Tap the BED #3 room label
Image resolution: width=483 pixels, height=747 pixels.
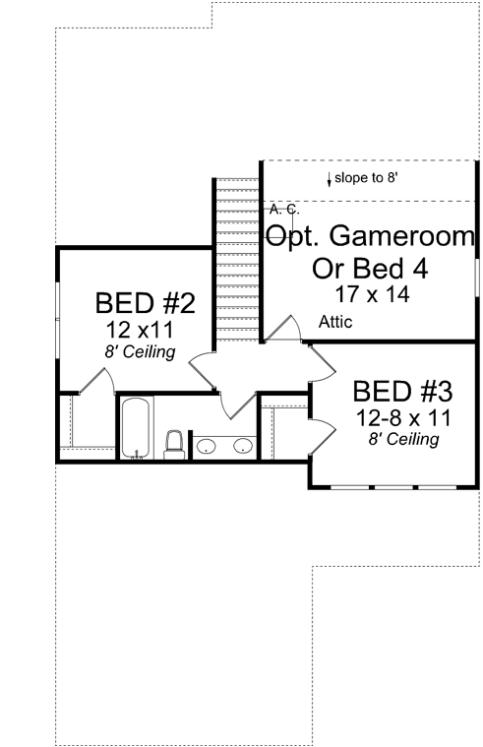(x=401, y=391)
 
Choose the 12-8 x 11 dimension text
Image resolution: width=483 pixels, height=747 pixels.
(x=402, y=417)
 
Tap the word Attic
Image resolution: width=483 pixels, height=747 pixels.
(x=335, y=322)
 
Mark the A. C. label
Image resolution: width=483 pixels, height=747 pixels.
(x=283, y=210)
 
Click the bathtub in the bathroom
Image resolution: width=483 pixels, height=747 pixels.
(x=136, y=428)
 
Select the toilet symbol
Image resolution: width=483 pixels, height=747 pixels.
(x=174, y=444)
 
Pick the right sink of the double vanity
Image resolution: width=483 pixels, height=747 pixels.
(x=241, y=448)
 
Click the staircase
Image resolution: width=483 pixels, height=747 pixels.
(x=236, y=261)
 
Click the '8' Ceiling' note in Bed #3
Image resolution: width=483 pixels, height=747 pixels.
(x=402, y=440)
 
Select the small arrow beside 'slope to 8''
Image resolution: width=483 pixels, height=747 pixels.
(x=329, y=178)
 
